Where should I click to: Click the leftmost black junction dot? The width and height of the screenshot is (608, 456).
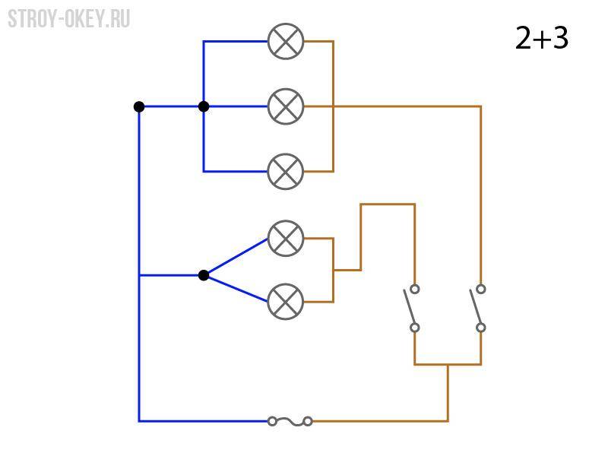pyautogui.click(x=139, y=106)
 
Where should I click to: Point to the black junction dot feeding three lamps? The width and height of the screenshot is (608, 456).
pyautogui.click(x=204, y=106)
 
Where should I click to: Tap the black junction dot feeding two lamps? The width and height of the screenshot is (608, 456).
pyautogui.click(x=204, y=275)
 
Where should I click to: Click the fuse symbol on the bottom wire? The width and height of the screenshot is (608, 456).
pyautogui.click(x=290, y=421)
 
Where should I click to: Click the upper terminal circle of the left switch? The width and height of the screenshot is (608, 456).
pyautogui.click(x=415, y=289)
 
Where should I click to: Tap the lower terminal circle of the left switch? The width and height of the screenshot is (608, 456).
pyautogui.click(x=415, y=328)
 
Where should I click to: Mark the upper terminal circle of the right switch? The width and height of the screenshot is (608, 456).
pyautogui.click(x=481, y=289)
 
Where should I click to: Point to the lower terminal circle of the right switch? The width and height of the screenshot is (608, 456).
pyautogui.click(x=481, y=328)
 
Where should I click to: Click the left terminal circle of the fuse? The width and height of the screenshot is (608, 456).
pyautogui.click(x=272, y=421)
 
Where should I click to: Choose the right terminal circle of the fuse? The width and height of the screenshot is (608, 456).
pyautogui.click(x=308, y=421)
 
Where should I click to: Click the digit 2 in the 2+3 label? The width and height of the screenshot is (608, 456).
pyautogui.click(x=523, y=38)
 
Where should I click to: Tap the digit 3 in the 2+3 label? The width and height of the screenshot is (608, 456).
pyautogui.click(x=561, y=38)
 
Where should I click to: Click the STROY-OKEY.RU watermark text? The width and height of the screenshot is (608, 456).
pyautogui.click(x=69, y=19)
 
